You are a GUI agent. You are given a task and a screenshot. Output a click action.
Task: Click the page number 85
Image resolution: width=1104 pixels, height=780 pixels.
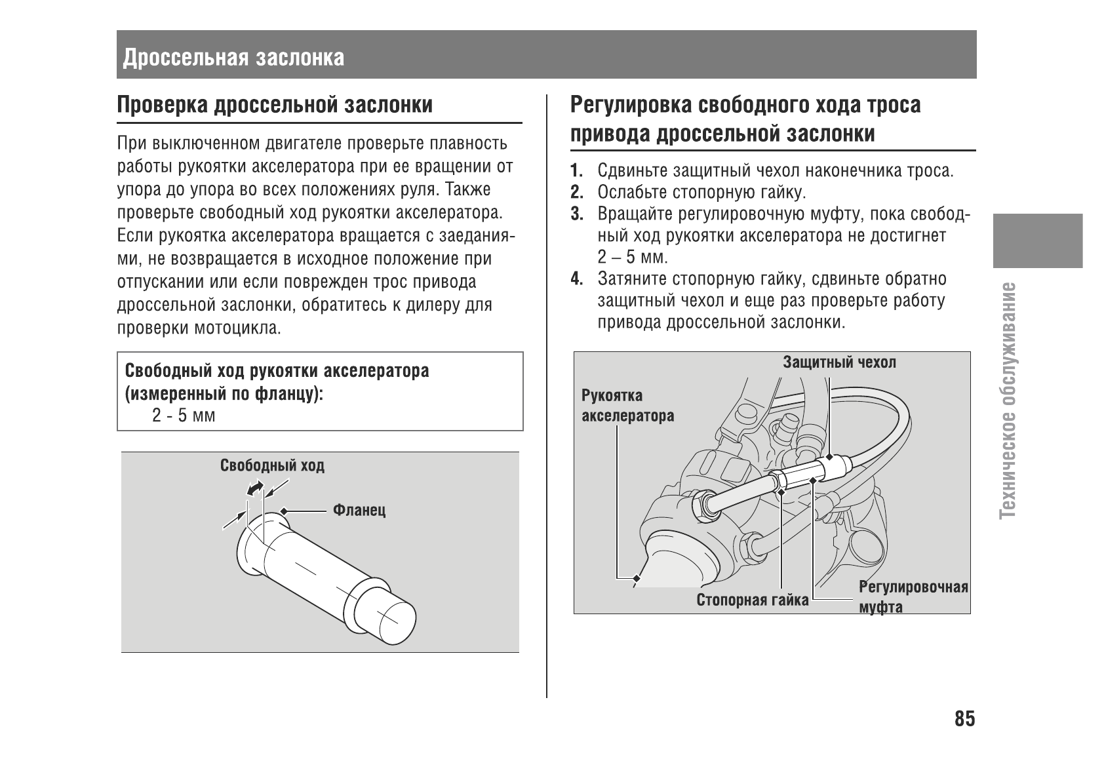(964, 719)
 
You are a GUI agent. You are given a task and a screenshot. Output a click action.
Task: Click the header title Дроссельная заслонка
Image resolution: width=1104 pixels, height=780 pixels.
(233, 58)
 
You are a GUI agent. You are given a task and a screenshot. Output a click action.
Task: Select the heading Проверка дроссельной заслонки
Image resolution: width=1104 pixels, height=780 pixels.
(275, 105)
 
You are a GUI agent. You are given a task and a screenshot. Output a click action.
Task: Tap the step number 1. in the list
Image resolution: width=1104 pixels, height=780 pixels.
(576, 172)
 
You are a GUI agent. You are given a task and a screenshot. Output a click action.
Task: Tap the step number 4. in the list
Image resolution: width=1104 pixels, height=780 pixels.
(576, 279)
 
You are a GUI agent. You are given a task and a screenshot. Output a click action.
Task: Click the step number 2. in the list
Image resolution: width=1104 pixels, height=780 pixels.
(576, 193)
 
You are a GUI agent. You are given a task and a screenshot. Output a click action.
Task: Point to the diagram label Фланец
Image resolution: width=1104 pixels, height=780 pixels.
(359, 510)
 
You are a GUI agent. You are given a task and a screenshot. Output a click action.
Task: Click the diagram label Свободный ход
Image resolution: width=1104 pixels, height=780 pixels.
(272, 466)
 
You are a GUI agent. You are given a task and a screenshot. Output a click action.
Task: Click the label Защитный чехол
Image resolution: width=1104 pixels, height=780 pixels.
(839, 362)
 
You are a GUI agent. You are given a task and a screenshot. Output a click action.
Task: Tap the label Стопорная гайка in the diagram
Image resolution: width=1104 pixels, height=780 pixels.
(752, 600)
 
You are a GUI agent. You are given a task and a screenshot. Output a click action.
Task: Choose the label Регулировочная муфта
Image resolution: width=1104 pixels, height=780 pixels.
(913, 596)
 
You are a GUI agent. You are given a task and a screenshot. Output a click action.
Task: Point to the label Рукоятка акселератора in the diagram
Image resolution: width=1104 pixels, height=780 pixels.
(627, 406)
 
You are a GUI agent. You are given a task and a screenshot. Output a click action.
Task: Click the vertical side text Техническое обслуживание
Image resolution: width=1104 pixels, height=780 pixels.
(1010, 400)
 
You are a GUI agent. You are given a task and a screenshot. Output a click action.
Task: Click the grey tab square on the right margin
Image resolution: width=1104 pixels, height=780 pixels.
(1037, 241)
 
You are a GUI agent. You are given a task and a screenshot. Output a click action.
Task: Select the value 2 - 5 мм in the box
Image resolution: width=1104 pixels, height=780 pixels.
(184, 416)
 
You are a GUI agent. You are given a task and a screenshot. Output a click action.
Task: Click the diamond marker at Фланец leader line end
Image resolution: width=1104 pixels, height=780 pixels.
(283, 511)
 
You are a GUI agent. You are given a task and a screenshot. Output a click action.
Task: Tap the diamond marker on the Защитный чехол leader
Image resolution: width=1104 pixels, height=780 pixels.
(829, 457)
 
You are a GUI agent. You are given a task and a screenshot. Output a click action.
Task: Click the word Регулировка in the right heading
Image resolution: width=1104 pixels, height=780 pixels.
(629, 105)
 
